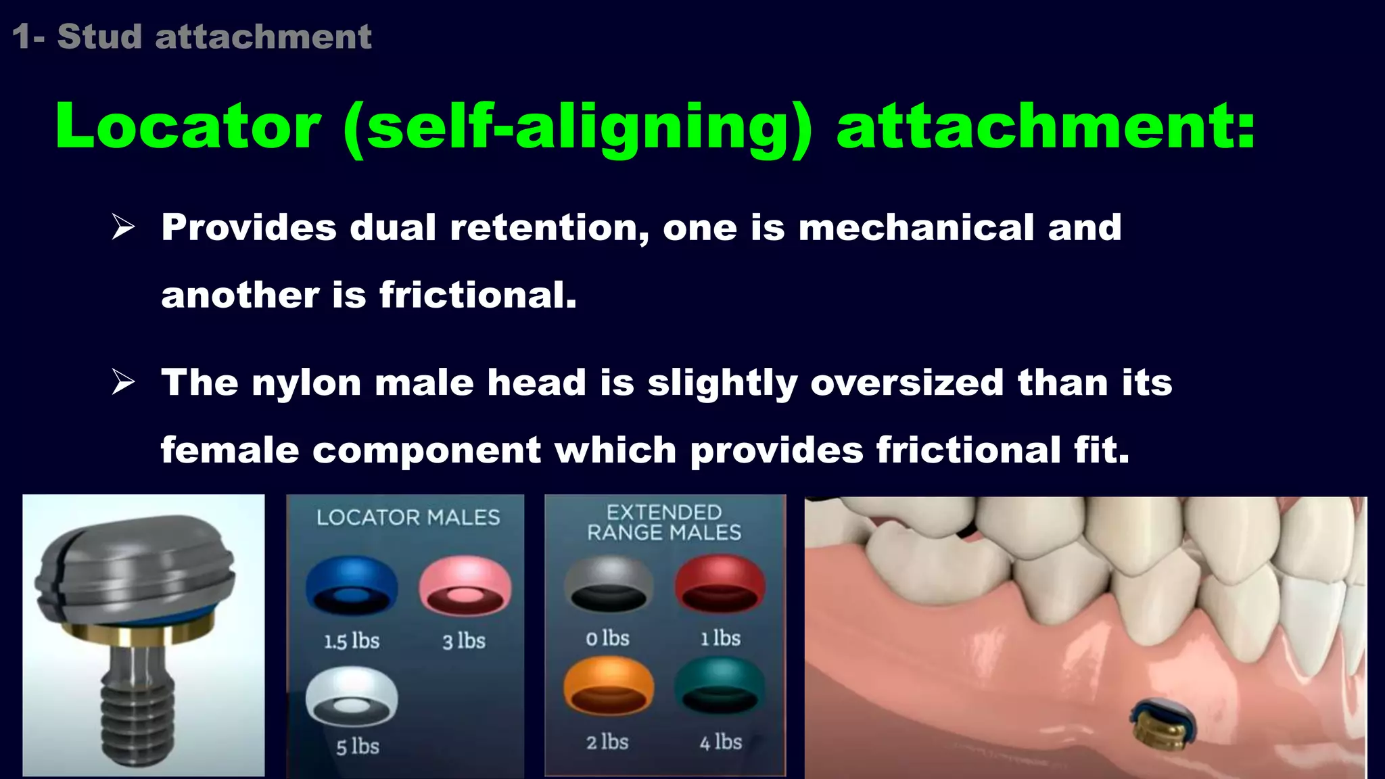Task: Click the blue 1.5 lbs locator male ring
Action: pyautogui.click(x=352, y=584)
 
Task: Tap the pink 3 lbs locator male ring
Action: pyautogui.click(x=465, y=586)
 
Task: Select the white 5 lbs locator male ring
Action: pyautogui.click(x=352, y=697)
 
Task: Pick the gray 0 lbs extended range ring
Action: pyautogui.click(x=609, y=583)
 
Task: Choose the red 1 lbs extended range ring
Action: pyautogui.click(x=720, y=583)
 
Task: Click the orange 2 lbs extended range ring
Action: pyautogui.click(x=609, y=686)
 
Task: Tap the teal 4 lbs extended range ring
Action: pyautogui.click(x=720, y=686)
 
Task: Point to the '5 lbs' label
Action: pyautogui.click(x=358, y=747)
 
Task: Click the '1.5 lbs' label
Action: pyautogui.click(x=352, y=641)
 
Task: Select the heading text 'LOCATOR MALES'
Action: pyautogui.click(x=408, y=518)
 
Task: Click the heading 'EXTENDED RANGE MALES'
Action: pyautogui.click(x=664, y=523)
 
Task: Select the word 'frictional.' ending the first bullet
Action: pyautogui.click(x=477, y=296)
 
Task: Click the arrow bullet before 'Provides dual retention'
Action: pyautogui.click(x=124, y=227)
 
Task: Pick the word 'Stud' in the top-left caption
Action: pyautogui.click(x=99, y=37)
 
